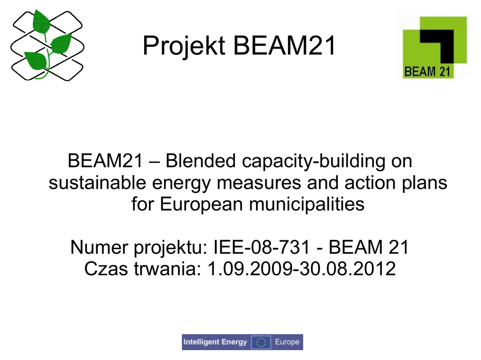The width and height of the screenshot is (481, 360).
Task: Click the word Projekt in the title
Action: (x=184, y=46)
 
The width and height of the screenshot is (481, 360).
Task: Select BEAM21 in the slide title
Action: (x=284, y=46)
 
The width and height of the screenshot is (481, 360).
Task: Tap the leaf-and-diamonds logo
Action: (x=47, y=45)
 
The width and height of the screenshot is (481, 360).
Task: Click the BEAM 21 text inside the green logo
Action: (x=427, y=71)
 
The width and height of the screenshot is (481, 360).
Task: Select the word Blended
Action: (x=201, y=161)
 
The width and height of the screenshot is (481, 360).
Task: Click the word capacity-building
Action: (x=313, y=161)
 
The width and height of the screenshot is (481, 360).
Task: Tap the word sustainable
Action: (x=97, y=183)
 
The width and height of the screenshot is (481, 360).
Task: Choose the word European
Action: (x=201, y=205)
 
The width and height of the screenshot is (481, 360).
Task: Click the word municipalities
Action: (x=307, y=204)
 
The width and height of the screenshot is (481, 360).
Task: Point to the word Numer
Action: (x=99, y=247)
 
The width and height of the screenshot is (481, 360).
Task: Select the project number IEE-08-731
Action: (x=261, y=247)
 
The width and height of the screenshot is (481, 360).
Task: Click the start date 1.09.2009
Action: (x=250, y=268)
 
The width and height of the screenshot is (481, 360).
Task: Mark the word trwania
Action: (x=168, y=268)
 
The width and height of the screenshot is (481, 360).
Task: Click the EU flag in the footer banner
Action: (x=261, y=342)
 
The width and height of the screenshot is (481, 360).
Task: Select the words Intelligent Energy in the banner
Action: (x=215, y=342)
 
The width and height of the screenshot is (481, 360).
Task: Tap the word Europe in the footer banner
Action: (x=287, y=342)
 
